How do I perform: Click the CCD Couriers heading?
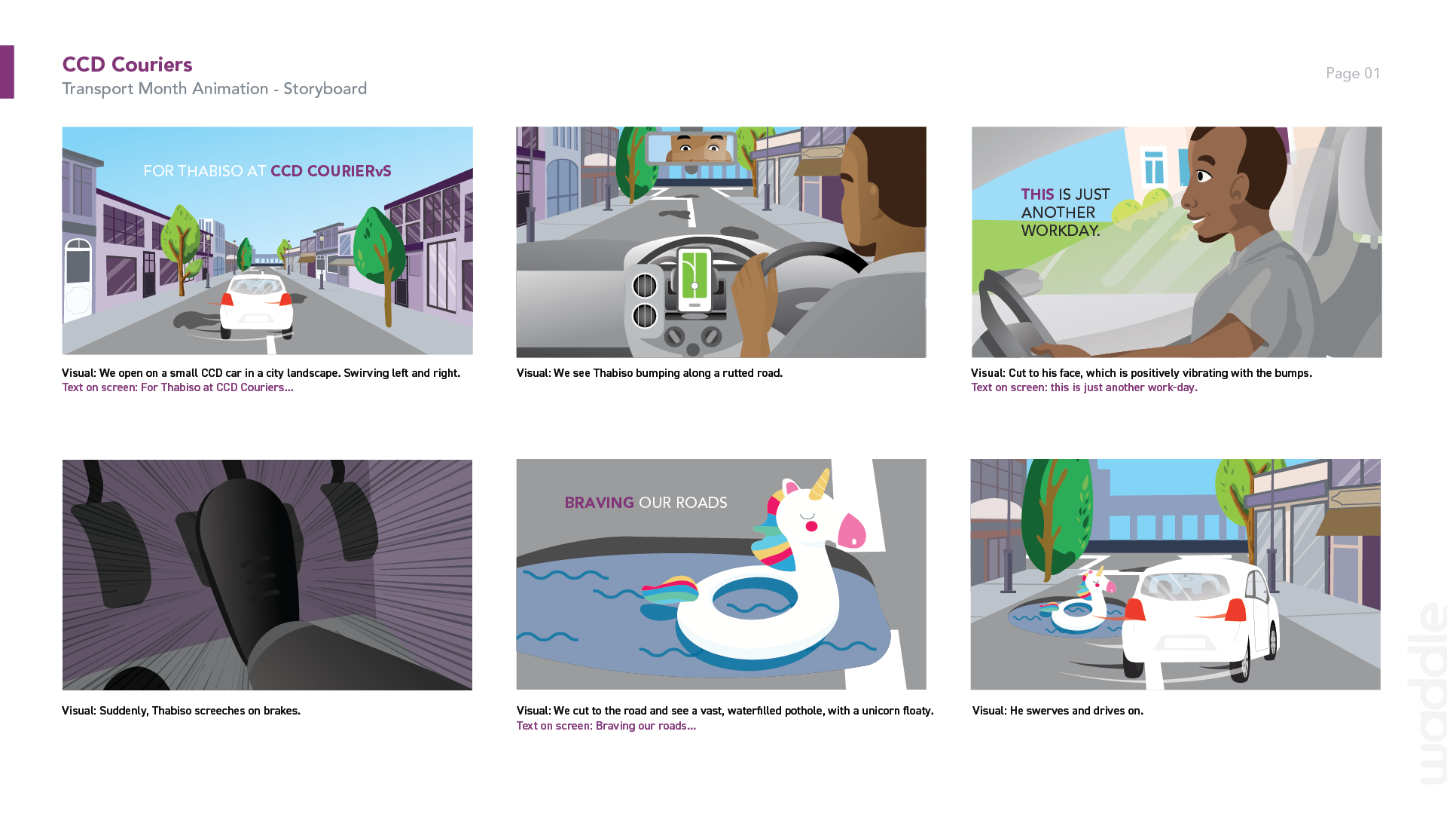[127, 65]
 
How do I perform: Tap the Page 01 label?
[1353, 73]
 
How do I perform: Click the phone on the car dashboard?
[694, 279]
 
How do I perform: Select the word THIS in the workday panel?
[1037, 194]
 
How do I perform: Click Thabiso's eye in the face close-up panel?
[1202, 176]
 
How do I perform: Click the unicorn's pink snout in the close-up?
[852, 530]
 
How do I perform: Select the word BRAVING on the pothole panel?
[600, 503]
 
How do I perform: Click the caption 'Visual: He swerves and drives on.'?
[1058, 711]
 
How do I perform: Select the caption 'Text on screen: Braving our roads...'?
[606, 726]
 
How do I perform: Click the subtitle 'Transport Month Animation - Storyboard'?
[215, 89]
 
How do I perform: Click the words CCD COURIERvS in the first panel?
[331, 171]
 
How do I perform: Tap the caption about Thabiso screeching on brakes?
[181, 711]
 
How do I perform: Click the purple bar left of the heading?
[7, 72]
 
